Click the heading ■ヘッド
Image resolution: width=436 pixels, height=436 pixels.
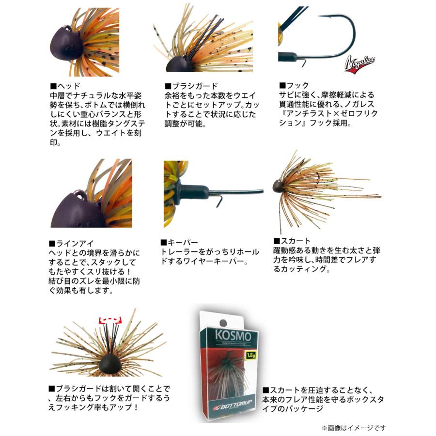tap(65, 86)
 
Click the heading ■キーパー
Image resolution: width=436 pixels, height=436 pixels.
tap(180, 243)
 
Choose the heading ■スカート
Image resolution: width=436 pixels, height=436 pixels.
tap(292, 241)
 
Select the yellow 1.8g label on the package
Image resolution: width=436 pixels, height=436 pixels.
tap(250, 355)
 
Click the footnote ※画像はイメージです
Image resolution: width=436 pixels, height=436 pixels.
tap(354, 428)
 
